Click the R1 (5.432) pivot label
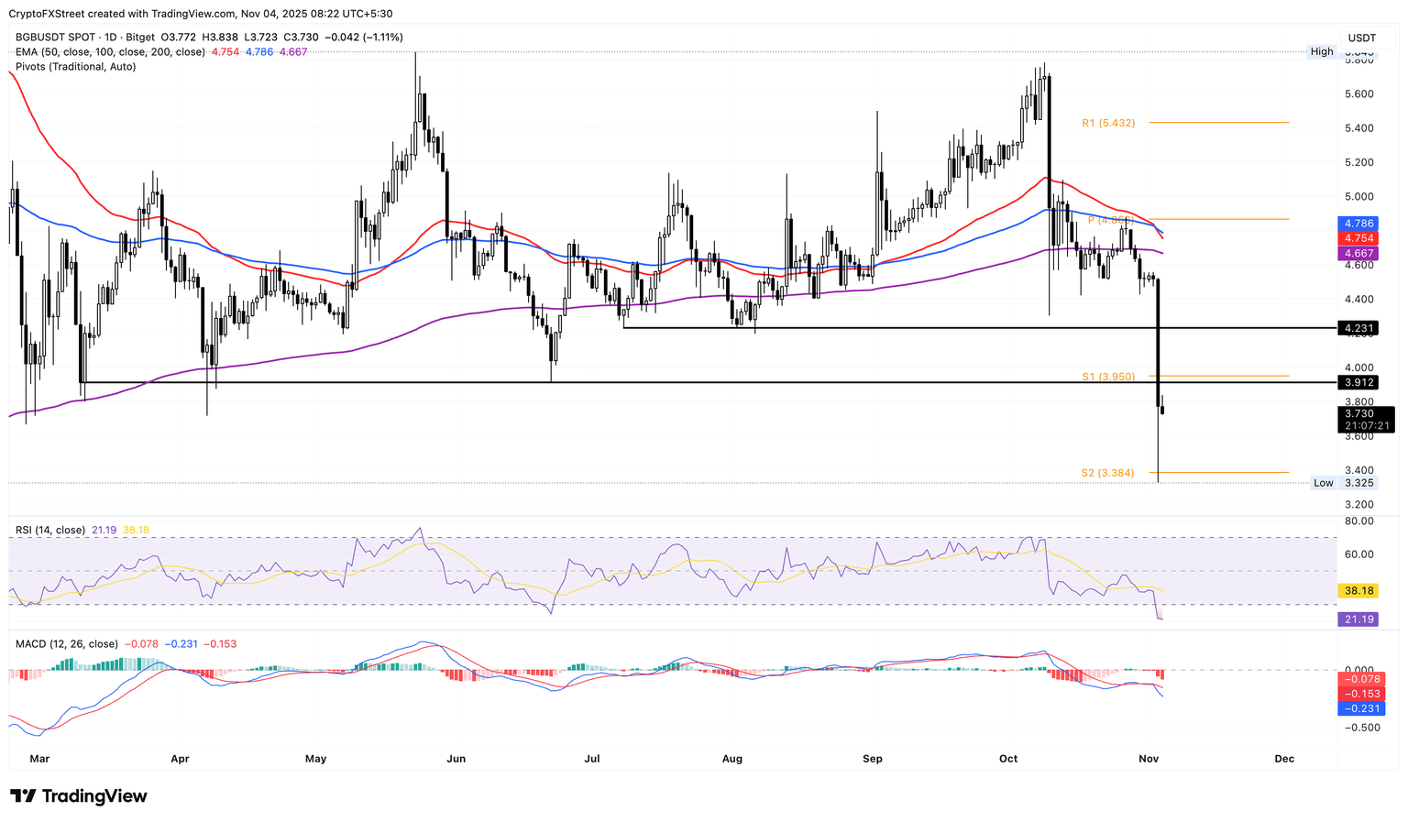1108,123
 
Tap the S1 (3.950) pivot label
1108,377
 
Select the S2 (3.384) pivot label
1107,473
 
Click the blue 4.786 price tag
1358,224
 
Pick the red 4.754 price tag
1358,238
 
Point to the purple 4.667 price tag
1358,253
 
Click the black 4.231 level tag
1358,328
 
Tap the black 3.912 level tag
1358,382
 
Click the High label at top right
1322,52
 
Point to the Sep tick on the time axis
873,759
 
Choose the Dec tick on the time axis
1284,759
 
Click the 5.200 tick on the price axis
1358,163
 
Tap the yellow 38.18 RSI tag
1358,591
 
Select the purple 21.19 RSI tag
1358,620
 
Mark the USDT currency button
1362,38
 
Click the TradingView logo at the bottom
79,796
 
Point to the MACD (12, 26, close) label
67,644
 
